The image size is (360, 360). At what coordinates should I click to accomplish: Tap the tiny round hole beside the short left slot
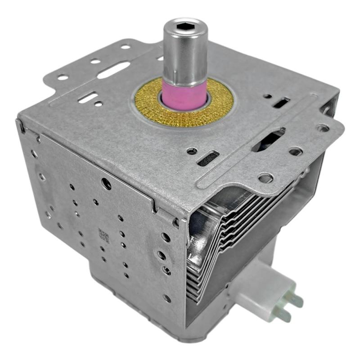pyautogui.click(x=99, y=104)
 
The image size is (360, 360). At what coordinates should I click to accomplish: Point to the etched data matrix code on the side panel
pyautogui.click(x=103, y=235)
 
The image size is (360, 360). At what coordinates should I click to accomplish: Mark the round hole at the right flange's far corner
pyautogui.click(x=322, y=128)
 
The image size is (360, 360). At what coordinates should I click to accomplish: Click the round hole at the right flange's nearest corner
pyautogui.click(x=265, y=178)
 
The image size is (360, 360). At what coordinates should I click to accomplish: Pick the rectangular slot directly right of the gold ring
pyautogui.click(x=282, y=102)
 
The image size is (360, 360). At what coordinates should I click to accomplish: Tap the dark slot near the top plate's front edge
pyautogui.click(x=208, y=157)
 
